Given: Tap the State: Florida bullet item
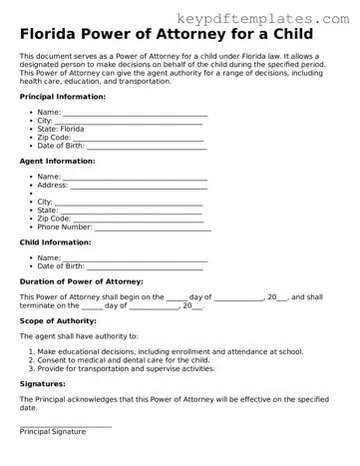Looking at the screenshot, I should [61, 129].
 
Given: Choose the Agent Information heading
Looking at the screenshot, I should [57, 161].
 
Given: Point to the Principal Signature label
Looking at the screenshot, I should [52, 431].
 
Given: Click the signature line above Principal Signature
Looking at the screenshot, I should [65, 425].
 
